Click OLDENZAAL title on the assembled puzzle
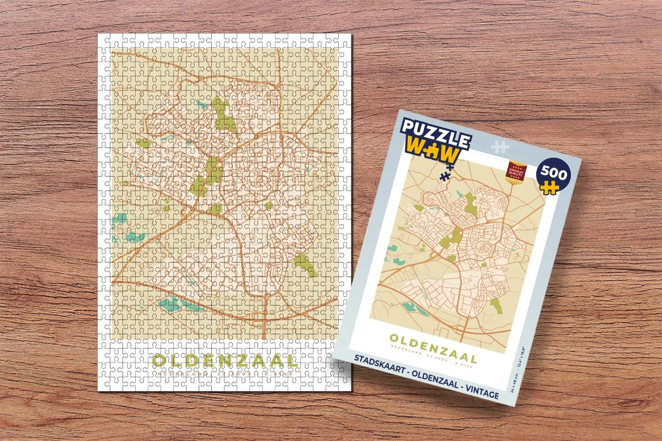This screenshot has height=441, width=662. coord(225,361)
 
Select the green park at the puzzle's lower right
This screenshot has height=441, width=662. coord(305,265)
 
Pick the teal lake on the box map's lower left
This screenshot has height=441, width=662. coord(409,306)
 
